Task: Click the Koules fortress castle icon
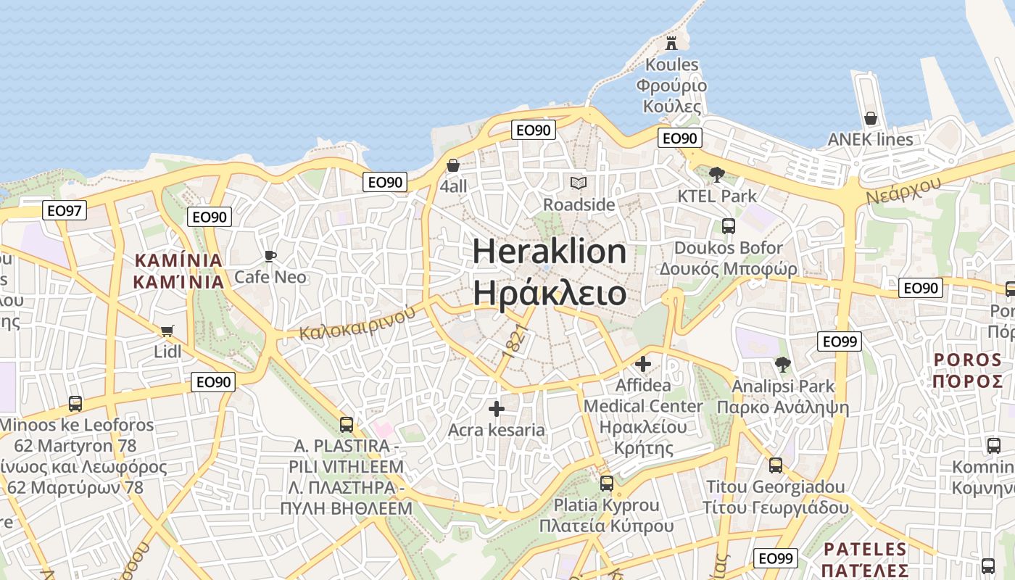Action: coord(671,43)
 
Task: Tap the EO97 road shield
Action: coord(65,210)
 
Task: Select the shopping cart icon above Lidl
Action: coord(167,331)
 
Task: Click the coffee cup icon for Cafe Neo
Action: coord(270,256)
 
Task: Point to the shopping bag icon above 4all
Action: coord(453,165)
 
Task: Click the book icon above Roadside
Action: coord(579,183)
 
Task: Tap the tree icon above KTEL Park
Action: coord(716,174)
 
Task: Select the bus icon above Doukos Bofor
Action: coord(728,226)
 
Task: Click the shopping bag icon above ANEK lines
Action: coord(871,117)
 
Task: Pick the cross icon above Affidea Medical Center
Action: coord(643,363)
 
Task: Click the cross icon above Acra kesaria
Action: coord(496,409)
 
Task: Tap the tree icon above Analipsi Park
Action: coord(782,364)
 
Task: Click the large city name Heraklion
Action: coord(550,252)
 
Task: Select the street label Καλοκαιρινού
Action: coord(357,323)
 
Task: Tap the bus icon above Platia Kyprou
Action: coord(606,483)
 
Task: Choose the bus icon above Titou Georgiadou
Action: coord(775,465)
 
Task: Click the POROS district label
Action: coord(967,360)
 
